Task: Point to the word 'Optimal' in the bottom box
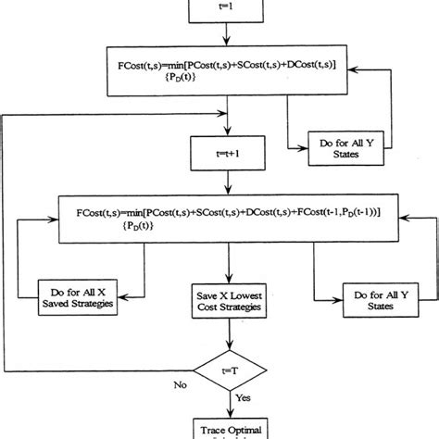(244, 429)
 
